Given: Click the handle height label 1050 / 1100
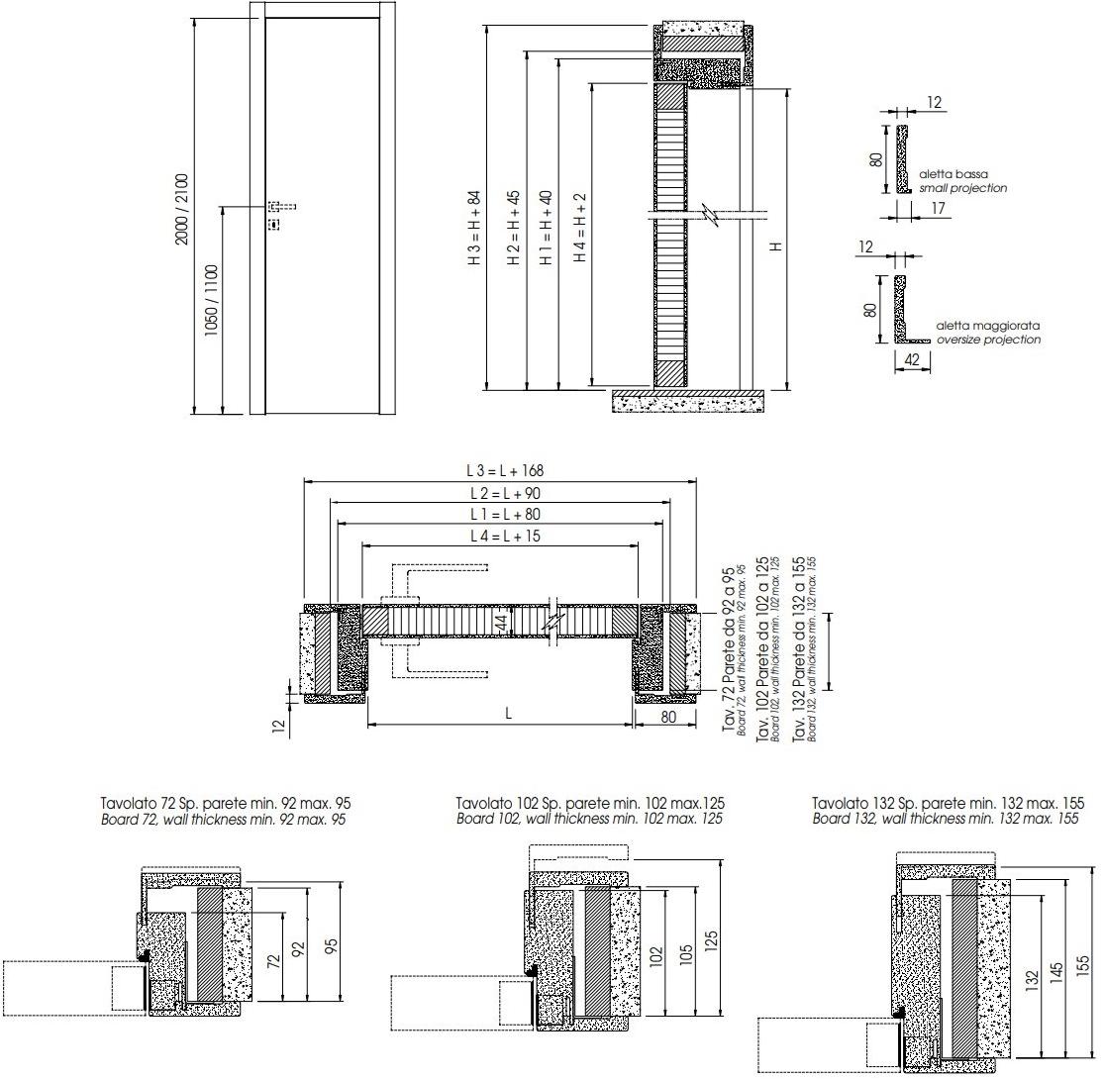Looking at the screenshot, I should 212,301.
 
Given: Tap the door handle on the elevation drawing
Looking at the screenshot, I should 282,206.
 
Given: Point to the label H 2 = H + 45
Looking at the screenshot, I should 514,227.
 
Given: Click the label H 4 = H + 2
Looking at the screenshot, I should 580,227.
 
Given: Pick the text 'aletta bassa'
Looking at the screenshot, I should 953,174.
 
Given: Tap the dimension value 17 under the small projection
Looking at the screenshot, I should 939,208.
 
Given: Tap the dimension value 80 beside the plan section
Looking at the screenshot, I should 668,717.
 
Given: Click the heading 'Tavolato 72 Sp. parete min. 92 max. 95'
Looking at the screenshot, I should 226,803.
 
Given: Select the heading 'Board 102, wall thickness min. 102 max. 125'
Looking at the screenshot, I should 589,819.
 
